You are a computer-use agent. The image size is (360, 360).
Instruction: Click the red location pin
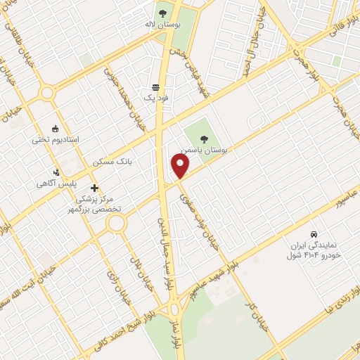181,167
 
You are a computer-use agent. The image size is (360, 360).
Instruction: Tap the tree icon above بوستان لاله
162,13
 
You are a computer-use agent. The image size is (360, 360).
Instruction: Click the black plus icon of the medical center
95,188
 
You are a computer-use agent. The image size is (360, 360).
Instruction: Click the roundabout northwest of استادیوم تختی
47,93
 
